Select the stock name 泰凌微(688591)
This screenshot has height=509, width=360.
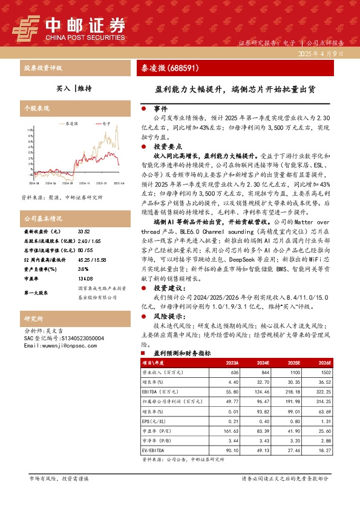[x=165, y=68]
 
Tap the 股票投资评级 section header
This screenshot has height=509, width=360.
[x=43, y=68]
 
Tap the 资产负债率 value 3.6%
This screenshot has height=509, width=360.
[x=83, y=252]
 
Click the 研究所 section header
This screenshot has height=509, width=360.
[x=33, y=317]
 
